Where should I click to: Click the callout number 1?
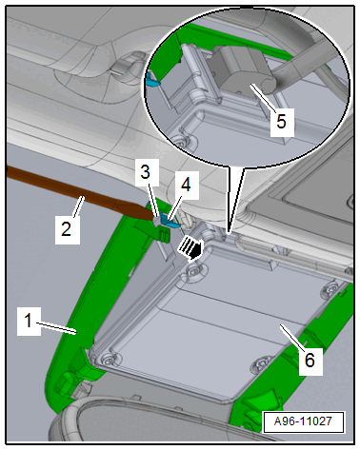29,321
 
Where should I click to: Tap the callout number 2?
67,228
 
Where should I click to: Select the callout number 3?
146,172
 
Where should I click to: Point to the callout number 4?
186,185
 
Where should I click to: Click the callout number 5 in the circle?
282,121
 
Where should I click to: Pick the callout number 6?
310,361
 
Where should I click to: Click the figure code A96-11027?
303,421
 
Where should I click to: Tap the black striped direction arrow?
190,248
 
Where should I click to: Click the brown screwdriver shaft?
79,193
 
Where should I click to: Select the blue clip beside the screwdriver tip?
170,221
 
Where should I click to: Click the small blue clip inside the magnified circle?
151,80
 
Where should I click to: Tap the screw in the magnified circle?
180,143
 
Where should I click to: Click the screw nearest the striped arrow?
192,270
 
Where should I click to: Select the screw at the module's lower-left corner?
109,358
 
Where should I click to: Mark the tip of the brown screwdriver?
155,219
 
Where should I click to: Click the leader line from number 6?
291,337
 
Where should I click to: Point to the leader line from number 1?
56,328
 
